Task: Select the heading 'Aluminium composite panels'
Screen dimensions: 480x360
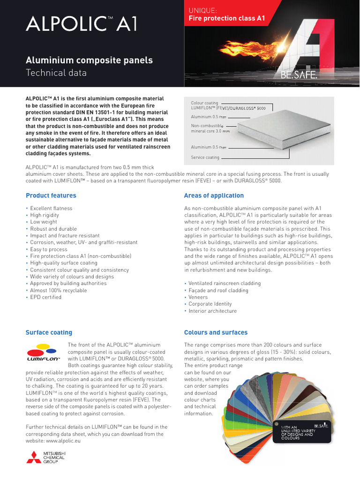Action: tap(89, 60)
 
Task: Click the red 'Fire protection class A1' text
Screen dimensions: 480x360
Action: tap(226, 19)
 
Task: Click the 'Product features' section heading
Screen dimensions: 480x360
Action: tap(51, 195)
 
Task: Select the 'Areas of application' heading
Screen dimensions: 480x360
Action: tap(214, 195)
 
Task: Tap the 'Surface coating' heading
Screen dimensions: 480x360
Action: tap(49, 332)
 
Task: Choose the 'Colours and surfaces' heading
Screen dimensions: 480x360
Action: tap(216, 332)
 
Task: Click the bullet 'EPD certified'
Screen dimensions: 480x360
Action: tap(45, 297)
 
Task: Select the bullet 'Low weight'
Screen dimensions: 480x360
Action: tap(44, 222)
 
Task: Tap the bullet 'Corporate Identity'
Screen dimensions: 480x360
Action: tap(210, 304)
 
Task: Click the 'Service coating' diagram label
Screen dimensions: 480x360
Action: tap(205, 157)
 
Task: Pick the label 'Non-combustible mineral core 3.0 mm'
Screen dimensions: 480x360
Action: tap(209, 128)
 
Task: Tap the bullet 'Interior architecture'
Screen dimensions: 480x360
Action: tap(212, 311)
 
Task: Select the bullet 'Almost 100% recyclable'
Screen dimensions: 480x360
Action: tap(58, 291)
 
